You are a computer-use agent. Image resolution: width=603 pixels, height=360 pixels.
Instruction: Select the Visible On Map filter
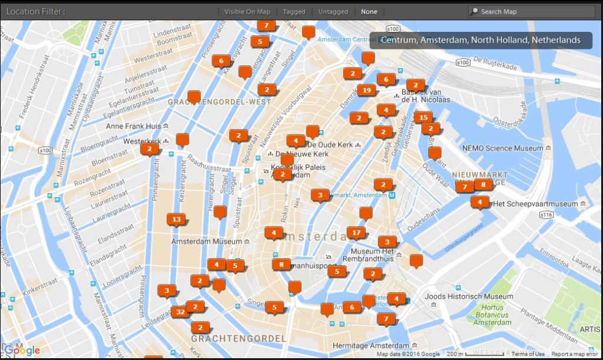247,12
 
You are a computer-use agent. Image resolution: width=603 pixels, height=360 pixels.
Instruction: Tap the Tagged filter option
294,12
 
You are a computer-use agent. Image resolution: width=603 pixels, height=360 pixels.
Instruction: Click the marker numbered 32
180,312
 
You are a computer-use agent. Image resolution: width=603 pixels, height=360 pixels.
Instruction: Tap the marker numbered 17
356,233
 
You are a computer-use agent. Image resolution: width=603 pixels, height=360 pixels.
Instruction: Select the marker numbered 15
423,117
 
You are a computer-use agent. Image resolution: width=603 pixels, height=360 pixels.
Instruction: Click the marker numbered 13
176,219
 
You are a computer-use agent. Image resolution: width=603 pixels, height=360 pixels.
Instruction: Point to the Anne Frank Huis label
134,126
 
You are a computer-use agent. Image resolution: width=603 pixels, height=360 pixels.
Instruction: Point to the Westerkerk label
142,142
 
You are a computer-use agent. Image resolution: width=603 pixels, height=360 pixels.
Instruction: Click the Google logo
22,351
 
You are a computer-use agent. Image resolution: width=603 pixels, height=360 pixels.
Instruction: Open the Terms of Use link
528,354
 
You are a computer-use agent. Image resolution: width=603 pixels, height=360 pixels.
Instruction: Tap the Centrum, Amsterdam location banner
481,40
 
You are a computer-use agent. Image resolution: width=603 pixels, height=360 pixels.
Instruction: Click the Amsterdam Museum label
206,242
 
